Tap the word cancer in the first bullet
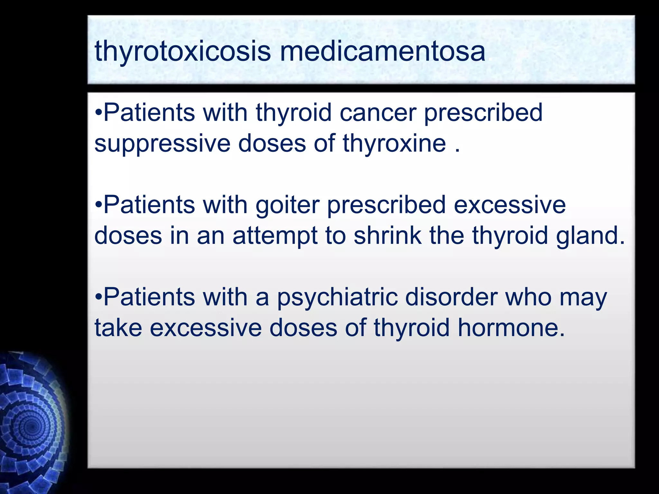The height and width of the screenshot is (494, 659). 378,113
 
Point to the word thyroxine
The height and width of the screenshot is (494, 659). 394,144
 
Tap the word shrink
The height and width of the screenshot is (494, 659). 387,235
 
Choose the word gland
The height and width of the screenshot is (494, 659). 590,235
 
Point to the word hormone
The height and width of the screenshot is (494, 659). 511,328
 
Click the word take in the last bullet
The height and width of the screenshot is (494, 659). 118,328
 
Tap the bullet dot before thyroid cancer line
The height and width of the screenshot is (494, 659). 99,113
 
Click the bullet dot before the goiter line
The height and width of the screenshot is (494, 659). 99,206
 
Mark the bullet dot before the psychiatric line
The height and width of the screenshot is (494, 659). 99,298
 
